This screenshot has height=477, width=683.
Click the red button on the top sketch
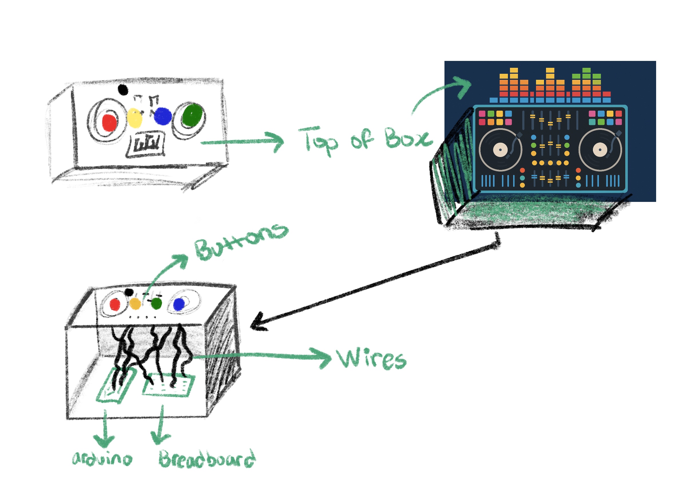(109, 122)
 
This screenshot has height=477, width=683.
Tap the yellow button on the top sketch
(134, 118)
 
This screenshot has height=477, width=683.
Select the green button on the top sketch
(192, 115)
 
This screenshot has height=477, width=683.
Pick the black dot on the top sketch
(123, 90)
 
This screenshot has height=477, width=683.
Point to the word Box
(408, 138)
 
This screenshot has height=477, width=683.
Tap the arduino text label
(102, 459)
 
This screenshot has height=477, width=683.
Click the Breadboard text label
(207, 459)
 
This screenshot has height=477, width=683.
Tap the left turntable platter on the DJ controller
(500, 150)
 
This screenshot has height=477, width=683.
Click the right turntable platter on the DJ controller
(600, 150)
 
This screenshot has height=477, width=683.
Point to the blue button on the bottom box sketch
(179, 305)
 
